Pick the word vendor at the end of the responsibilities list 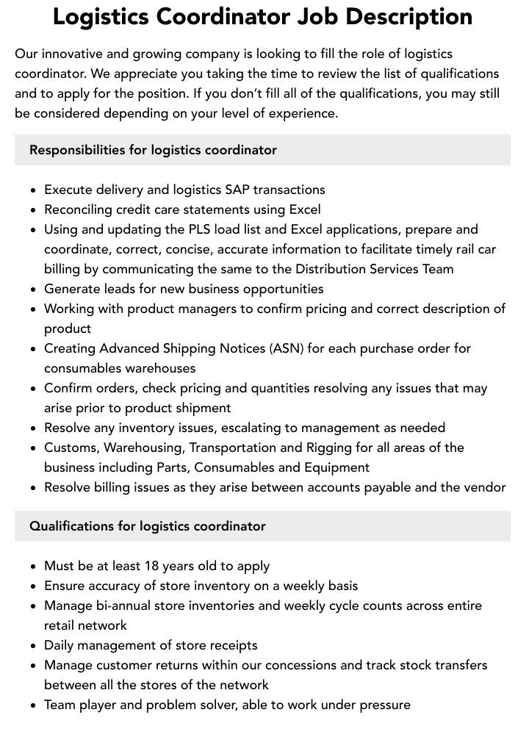click(x=486, y=487)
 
